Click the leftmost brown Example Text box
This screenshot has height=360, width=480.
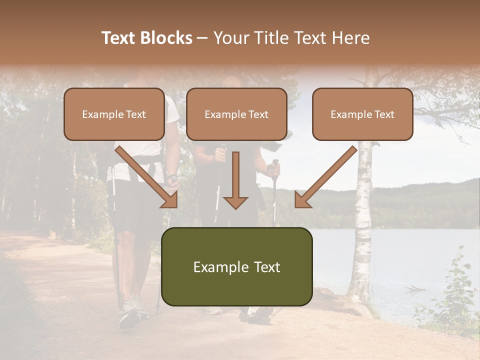coord(114,114)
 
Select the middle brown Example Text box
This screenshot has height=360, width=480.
coord(236,114)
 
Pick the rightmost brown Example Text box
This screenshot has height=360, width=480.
coord(362,114)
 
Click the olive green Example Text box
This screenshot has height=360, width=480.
coord(236,267)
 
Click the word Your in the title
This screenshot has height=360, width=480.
coord(232,38)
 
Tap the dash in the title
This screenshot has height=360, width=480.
coord(202,38)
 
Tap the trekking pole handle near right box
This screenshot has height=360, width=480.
coord(275,165)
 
